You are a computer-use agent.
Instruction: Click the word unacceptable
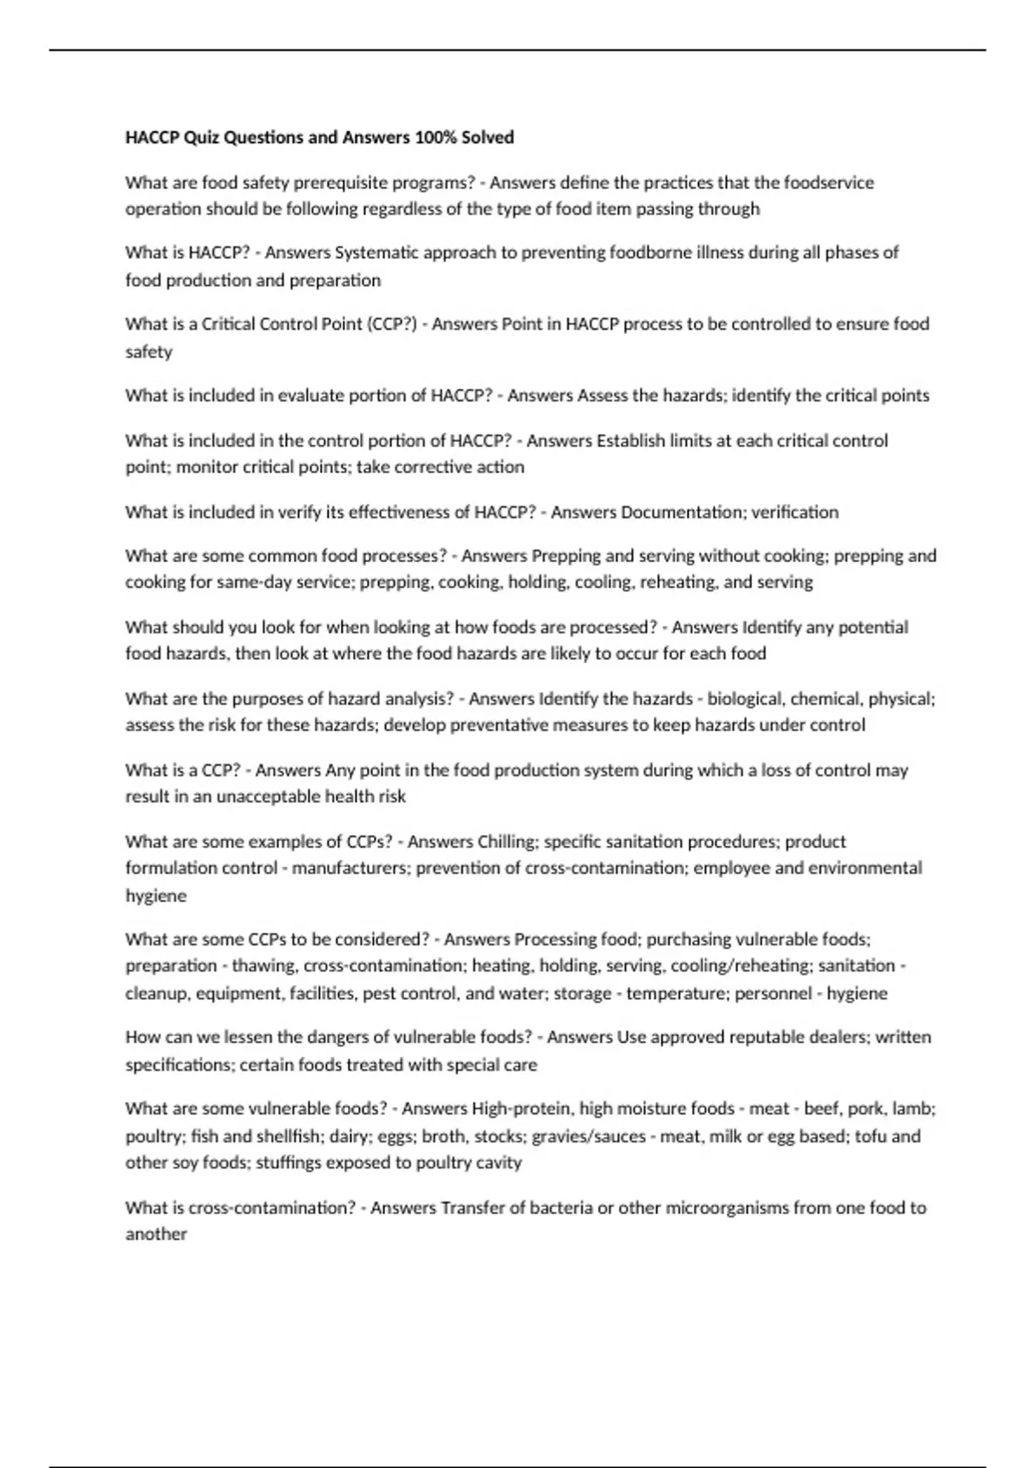[x=268, y=797]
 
